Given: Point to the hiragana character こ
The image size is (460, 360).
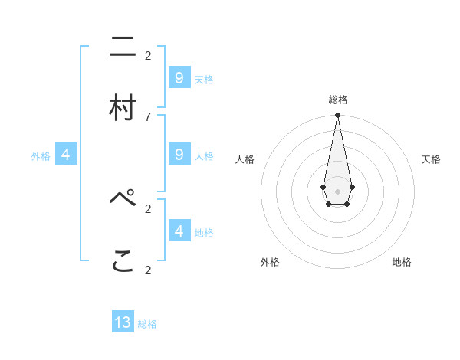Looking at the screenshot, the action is coord(123,260).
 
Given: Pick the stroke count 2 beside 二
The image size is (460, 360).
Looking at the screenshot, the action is coord(148,55).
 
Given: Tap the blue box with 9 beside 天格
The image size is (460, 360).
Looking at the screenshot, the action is coord(179,77).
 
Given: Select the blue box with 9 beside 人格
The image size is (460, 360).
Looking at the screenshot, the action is coord(179,154).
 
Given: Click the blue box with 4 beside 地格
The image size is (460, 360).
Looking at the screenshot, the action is coord(179,231).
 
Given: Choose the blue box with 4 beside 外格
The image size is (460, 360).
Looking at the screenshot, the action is coord(66,155).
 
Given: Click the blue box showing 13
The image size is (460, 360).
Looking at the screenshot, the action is coord(123,322).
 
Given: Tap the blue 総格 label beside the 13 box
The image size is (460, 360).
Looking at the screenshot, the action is coord(147,324).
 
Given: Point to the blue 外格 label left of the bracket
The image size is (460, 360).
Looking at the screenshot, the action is coord(41,156).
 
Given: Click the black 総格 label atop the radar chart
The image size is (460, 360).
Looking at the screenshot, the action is coord(338,100).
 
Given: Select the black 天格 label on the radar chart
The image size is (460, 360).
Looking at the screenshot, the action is coord(432,159).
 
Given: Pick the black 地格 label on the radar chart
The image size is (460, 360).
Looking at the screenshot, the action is coord(402,262).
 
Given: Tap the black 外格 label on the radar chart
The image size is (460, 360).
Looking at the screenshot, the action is coord(270,262).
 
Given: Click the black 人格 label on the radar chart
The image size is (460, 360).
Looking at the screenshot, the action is coord(245,159).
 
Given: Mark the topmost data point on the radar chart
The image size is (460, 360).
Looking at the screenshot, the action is coord(337,116).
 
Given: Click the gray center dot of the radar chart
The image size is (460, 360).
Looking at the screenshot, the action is coord(337,191).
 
